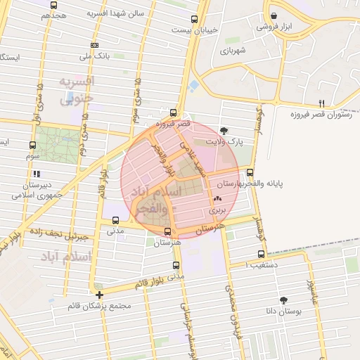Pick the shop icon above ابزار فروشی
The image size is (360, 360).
click(274, 15)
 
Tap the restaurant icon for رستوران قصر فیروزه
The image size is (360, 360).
click(321, 102)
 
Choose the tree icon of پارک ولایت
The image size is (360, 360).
click(224, 130)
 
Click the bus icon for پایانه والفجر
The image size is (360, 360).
click(250, 172)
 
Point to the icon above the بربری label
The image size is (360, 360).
click(216, 200)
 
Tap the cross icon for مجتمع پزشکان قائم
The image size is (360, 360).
click(100, 295)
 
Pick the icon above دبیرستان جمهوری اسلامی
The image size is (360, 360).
click(35, 174)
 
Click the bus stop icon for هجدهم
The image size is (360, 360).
click(54, 5)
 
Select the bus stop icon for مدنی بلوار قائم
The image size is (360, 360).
click(176, 266)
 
